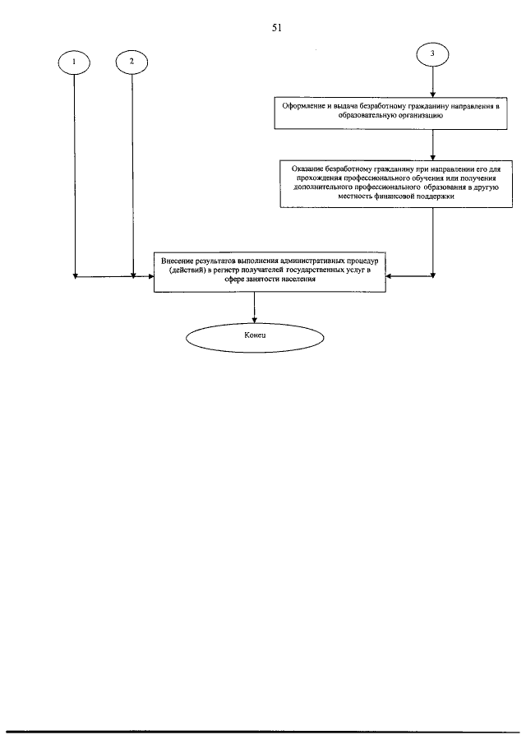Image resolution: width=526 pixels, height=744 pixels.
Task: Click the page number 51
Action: [276, 27]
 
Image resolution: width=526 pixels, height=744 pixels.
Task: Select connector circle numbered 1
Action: [75, 62]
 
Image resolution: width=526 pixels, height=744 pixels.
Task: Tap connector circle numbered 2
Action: [131, 62]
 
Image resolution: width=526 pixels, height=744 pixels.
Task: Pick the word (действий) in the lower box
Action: [187, 270]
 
